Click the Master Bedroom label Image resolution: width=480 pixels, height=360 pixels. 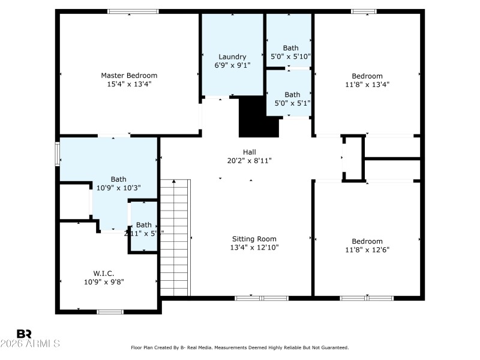click(129, 76)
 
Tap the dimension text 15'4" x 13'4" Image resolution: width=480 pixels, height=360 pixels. click(129, 85)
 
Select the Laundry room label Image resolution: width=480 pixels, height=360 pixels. click(232, 57)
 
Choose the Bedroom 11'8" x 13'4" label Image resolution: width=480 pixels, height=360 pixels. click(367, 76)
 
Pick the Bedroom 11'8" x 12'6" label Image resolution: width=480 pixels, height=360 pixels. click(367, 241)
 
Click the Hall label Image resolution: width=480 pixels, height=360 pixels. click(250, 152)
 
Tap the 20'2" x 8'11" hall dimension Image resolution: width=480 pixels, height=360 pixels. click(250, 161)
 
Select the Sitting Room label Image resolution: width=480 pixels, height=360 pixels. click(254, 239)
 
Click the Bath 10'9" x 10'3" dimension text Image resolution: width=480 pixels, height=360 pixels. click(118, 188)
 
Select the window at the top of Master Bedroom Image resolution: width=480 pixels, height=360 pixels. click(133, 11)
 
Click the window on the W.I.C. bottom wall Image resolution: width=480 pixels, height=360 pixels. click(110, 311)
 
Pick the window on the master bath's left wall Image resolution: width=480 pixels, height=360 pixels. click(58, 153)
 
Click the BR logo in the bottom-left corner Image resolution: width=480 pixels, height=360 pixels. click(24, 334)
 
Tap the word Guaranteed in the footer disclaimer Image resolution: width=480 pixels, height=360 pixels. click(334, 348)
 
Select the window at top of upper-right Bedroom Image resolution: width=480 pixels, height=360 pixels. click(364, 11)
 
